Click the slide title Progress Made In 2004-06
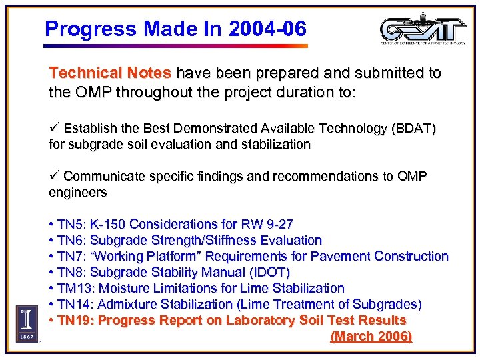pyautogui.click(x=175, y=29)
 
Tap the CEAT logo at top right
pyautogui.click(x=423, y=29)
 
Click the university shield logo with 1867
pyautogui.click(x=27, y=323)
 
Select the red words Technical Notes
pyautogui.click(x=110, y=73)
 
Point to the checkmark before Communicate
pyautogui.click(x=55, y=176)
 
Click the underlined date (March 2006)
pyautogui.click(x=371, y=337)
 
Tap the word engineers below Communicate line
pyautogui.click(x=77, y=193)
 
